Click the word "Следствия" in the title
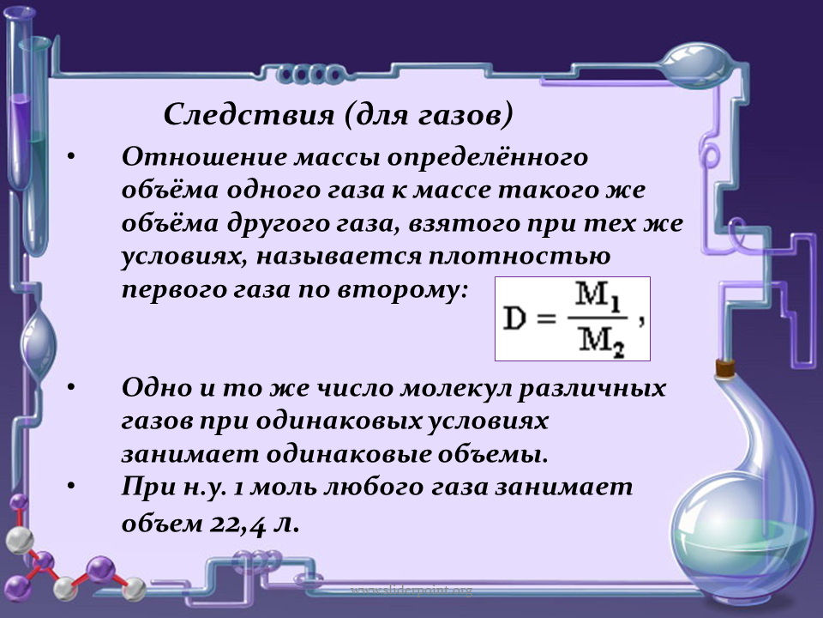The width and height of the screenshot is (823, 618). (x=249, y=113)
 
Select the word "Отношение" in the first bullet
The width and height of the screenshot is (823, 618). (x=204, y=156)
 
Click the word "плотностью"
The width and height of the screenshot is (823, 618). (x=520, y=256)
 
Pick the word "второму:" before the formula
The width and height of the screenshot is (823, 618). (x=402, y=289)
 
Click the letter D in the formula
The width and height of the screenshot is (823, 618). (x=514, y=318)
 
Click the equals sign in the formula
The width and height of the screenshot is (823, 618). (x=546, y=318)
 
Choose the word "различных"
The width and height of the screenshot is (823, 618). (x=592, y=388)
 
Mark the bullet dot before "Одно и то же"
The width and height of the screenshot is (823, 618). (x=71, y=387)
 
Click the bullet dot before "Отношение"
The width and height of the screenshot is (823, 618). (x=71, y=156)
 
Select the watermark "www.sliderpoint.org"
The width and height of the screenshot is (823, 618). (x=411, y=591)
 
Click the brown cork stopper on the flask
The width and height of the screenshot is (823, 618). (x=725, y=367)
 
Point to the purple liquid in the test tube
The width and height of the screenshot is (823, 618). (x=21, y=137)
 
